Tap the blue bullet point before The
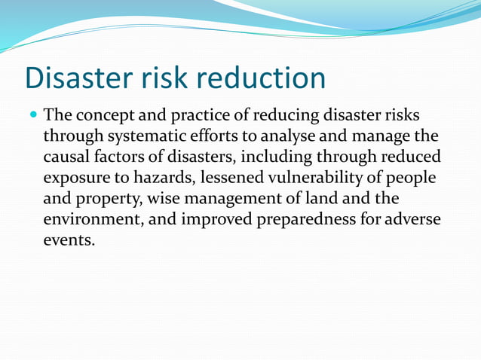(32, 116)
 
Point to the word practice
(198, 117)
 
